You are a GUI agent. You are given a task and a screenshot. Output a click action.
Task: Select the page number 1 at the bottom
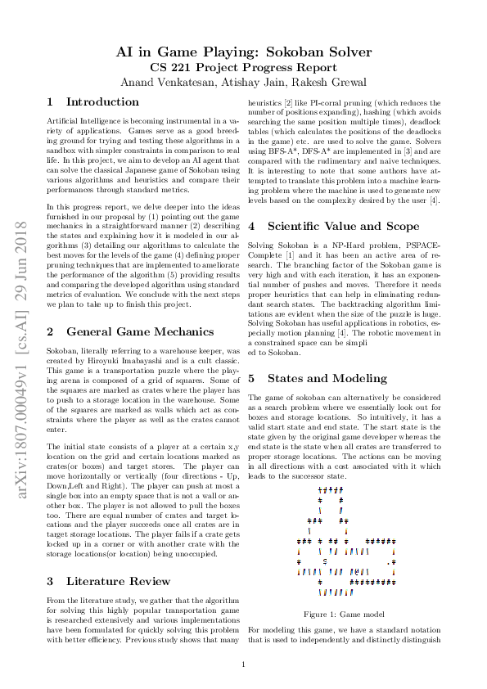tap(244, 664)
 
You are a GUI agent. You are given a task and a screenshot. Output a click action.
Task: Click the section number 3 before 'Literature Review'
tap(51, 581)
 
